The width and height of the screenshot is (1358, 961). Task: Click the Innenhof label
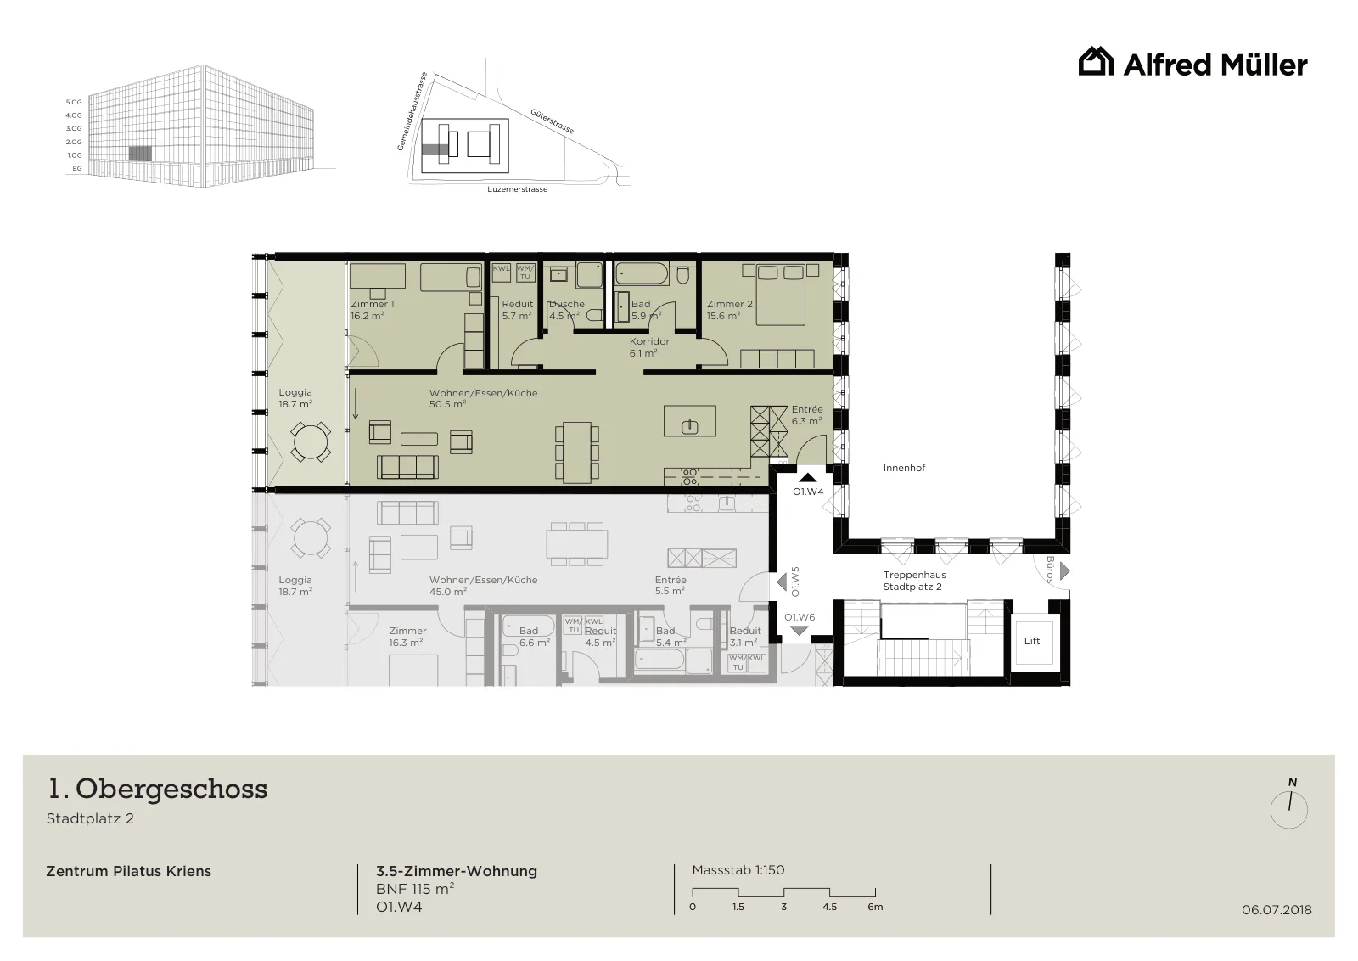point(904,468)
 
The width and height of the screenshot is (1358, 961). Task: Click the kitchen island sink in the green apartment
point(690,427)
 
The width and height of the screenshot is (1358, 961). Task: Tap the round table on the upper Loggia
point(310,441)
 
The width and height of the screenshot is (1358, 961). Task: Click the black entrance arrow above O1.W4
point(808,478)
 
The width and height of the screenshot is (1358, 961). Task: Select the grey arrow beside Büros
point(1064,571)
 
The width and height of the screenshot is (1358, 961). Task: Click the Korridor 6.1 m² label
point(649,347)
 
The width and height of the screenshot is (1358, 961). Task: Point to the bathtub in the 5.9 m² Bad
point(643,274)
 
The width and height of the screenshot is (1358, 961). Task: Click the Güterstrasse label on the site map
point(552,121)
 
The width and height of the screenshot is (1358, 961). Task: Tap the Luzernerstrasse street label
point(517,189)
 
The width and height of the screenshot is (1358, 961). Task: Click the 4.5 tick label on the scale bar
point(829,907)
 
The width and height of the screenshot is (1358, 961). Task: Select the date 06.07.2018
point(1277,909)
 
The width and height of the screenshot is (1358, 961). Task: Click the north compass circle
point(1289,810)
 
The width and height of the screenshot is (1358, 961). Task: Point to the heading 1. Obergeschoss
point(158,789)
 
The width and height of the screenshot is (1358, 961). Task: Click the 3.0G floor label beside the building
point(73,128)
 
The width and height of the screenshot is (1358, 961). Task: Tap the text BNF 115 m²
point(415,889)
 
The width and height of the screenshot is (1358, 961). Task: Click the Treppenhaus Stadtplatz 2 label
point(913,580)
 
